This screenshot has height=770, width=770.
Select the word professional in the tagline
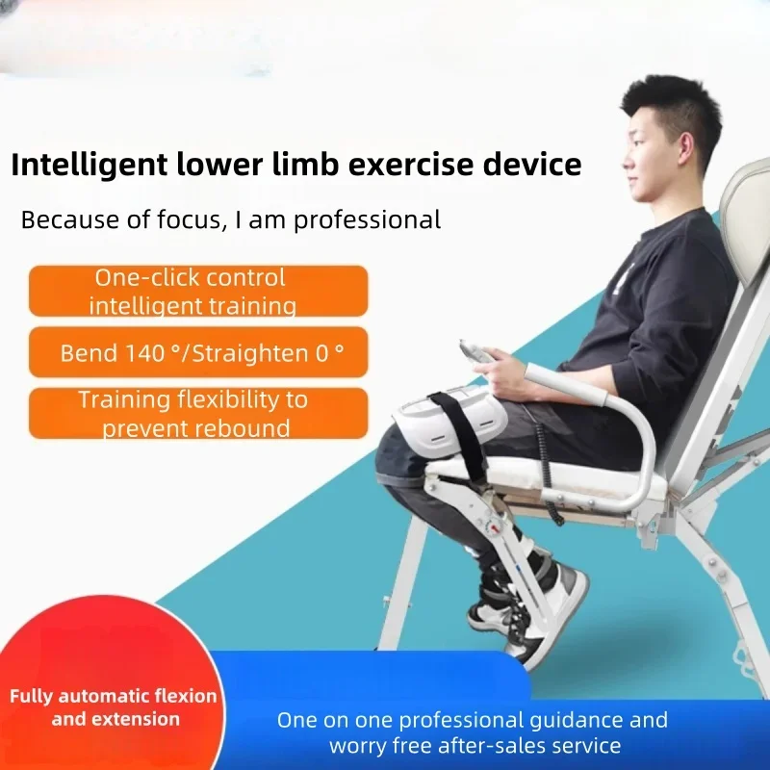(x=367, y=219)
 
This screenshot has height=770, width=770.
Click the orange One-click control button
(x=197, y=291)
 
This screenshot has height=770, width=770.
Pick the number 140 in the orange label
(x=145, y=352)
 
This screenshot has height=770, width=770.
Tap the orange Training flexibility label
(x=197, y=413)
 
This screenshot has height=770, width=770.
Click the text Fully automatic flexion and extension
(x=114, y=706)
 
